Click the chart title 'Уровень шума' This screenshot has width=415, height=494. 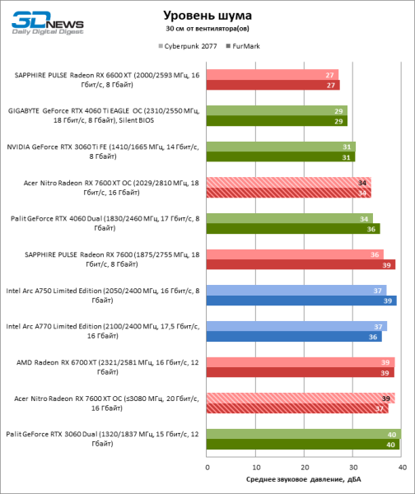207,15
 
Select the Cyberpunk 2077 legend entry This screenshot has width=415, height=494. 186,46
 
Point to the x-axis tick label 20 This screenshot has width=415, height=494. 304,468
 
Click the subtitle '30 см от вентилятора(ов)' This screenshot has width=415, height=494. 207,29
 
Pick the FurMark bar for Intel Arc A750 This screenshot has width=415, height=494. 301,301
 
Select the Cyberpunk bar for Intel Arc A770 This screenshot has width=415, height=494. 296,326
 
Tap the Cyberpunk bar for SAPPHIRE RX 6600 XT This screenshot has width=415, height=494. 273,74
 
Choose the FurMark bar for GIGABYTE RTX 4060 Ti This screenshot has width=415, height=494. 277,121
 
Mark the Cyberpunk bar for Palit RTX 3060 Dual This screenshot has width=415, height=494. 304,434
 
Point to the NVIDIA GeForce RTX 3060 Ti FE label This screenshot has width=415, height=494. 104,151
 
